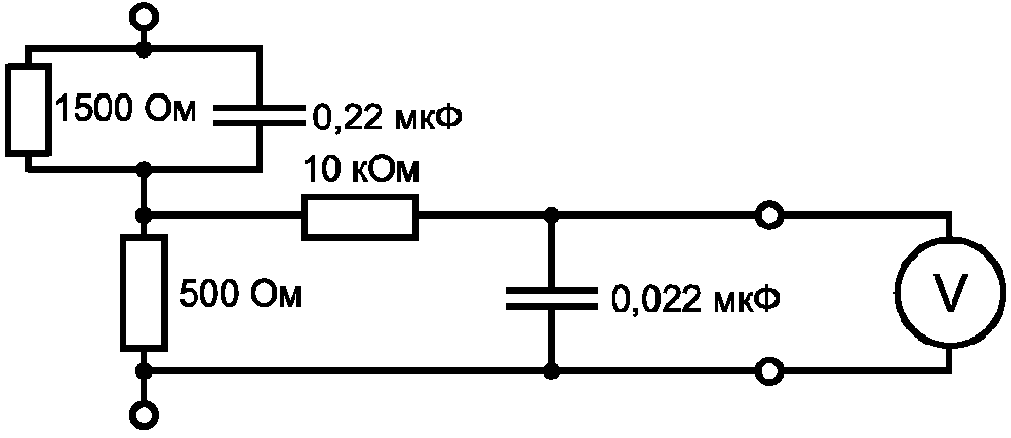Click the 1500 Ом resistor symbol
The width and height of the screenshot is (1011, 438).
27,109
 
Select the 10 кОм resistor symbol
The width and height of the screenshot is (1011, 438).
359,217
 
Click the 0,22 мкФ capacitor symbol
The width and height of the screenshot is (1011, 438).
259,115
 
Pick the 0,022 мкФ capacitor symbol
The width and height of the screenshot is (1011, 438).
550,298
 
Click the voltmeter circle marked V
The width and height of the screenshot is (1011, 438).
951,293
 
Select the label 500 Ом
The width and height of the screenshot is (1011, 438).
240,295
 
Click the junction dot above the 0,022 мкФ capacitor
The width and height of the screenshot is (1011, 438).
550,215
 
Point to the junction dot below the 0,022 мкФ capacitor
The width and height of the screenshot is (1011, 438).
550,372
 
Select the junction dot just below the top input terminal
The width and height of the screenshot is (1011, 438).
143,48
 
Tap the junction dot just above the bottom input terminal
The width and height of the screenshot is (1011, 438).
144,372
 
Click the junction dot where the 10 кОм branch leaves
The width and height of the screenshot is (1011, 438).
145,214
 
